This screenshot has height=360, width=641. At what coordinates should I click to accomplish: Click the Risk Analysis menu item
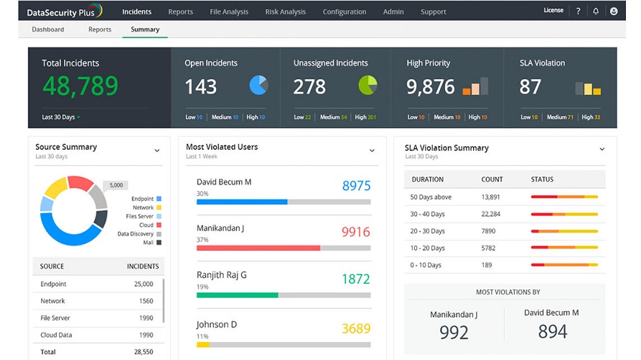[x=285, y=12]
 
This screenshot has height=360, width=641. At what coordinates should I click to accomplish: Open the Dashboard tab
[x=48, y=30]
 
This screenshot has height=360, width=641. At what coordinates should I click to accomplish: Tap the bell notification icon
[x=596, y=12]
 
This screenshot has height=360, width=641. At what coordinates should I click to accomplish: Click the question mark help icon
[x=578, y=12]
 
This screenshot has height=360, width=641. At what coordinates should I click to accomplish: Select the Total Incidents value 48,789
[x=80, y=86]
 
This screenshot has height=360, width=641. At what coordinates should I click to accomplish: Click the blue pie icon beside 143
[x=259, y=86]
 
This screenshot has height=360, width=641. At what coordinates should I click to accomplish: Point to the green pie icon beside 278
[x=367, y=86]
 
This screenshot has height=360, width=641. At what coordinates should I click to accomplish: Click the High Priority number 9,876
[x=430, y=87]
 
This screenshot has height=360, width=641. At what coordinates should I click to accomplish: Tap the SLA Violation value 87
[x=530, y=87]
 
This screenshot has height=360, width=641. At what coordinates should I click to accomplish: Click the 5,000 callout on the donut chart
[x=116, y=185]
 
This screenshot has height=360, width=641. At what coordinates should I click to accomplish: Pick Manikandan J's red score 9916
[x=356, y=232]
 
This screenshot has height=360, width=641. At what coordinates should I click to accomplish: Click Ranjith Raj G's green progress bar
[x=237, y=295]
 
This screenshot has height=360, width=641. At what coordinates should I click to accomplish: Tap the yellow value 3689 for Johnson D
[x=356, y=328]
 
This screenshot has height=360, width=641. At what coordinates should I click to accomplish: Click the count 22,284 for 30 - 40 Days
[x=490, y=214]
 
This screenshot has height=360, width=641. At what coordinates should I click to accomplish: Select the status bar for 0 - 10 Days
[x=564, y=265]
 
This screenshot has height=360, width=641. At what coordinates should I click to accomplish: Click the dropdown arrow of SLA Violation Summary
[x=602, y=149]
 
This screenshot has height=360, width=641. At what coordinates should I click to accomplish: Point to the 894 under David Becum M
[x=552, y=331]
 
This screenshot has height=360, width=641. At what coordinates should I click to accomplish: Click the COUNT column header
[x=492, y=179]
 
